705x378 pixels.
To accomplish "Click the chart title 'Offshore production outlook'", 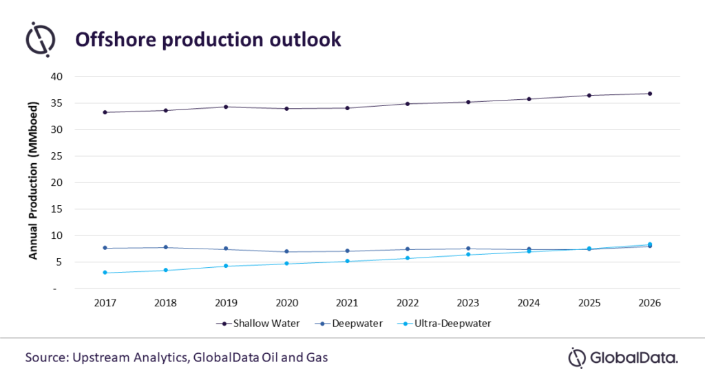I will tap(208, 40).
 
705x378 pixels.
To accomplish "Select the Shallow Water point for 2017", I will tap(105, 112).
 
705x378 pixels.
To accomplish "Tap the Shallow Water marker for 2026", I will tap(650, 94).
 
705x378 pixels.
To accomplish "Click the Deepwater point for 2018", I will tap(165, 247).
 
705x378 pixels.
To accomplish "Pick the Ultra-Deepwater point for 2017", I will tap(105, 273).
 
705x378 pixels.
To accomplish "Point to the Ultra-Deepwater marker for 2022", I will tap(408, 258).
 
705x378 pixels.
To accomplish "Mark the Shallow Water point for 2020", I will tap(286, 108).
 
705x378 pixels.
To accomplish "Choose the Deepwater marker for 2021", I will tap(347, 251).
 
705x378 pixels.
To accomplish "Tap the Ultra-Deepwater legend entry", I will tap(448, 322).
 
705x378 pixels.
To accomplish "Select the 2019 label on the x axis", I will tap(226, 302).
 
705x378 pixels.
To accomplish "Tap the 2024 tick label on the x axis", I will tap(529, 302).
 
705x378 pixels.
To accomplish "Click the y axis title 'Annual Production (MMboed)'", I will tap(33, 180).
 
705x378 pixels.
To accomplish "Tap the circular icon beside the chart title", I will tap(40, 39).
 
